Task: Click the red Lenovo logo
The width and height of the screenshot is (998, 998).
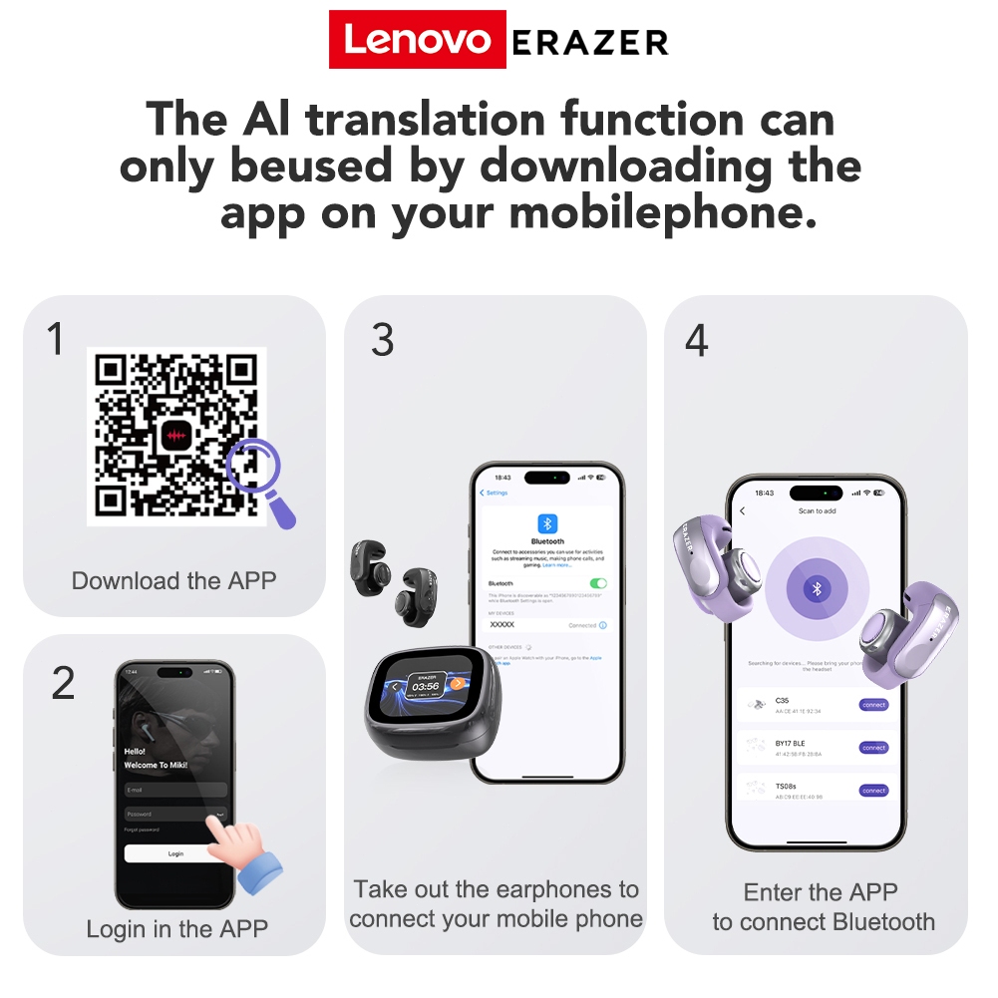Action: pyautogui.click(x=417, y=40)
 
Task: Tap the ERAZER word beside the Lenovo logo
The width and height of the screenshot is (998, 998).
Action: pyautogui.click(x=589, y=42)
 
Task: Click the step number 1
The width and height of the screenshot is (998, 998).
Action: pyautogui.click(x=56, y=339)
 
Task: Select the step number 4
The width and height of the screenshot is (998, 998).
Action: pyautogui.click(x=696, y=341)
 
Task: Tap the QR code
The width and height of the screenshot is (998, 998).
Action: pyautogui.click(x=176, y=435)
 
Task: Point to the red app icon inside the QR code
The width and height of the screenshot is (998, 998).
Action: pyautogui.click(x=177, y=436)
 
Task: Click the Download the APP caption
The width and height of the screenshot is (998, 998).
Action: pyautogui.click(x=173, y=580)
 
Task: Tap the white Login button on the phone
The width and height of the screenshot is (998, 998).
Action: pyautogui.click(x=175, y=853)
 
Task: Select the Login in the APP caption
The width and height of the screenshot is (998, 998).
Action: pyautogui.click(x=176, y=929)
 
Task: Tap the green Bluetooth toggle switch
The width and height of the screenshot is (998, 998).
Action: pyautogui.click(x=598, y=583)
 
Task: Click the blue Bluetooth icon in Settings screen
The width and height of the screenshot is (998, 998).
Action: pyautogui.click(x=547, y=523)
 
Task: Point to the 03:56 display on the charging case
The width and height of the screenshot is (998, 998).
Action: pyautogui.click(x=428, y=686)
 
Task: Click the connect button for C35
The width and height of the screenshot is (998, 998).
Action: pyautogui.click(x=873, y=705)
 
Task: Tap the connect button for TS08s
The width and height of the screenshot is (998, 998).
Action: pyautogui.click(x=873, y=791)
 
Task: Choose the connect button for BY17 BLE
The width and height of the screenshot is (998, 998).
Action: pyautogui.click(x=873, y=748)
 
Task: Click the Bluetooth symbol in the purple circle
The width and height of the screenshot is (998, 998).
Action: pyautogui.click(x=817, y=588)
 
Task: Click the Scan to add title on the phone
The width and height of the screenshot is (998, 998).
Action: pyautogui.click(x=817, y=511)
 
